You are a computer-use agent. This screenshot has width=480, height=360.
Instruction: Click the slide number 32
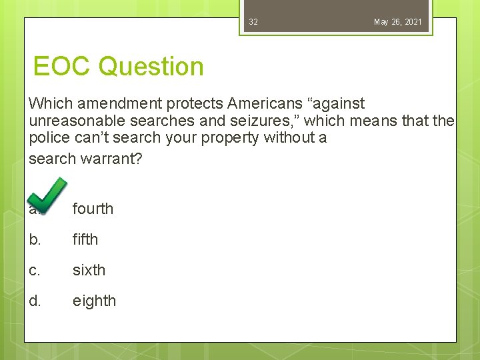(x=253, y=22)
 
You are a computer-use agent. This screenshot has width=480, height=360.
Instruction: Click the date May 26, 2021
(x=397, y=22)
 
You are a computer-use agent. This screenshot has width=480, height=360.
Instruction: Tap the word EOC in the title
(x=62, y=67)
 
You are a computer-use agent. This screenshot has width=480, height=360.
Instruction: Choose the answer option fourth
(x=93, y=209)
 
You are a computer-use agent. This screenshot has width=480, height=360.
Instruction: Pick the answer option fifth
(x=85, y=239)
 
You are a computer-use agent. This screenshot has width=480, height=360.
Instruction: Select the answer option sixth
(x=89, y=270)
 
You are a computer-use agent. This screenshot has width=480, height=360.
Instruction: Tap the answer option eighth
(x=94, y=301)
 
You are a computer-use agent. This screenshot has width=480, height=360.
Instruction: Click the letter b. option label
(x=35, y=239)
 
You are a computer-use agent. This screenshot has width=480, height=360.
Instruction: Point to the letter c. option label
(x=35, y=270)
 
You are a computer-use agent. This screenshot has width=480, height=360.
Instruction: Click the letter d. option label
(x=35, y=301)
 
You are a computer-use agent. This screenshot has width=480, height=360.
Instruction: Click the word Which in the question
(x=51, y=104)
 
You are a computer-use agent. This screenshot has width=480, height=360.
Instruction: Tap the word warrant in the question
(x=109, y=160)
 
